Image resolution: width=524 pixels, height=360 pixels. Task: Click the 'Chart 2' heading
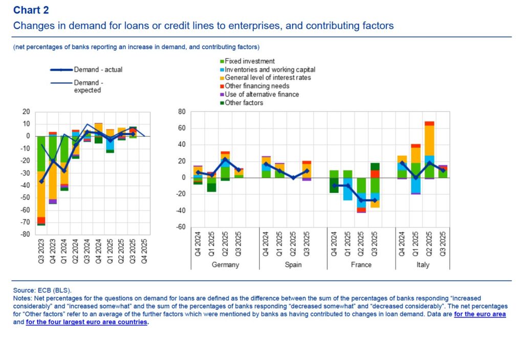point(32,10)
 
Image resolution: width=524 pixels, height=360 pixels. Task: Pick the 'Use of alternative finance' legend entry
point(262,94)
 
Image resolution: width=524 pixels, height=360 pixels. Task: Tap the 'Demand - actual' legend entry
point(98,70)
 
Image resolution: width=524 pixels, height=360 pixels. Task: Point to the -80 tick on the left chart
point(26,235)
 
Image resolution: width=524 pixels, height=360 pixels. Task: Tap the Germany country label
point(225,265)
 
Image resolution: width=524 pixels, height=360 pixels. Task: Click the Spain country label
point(293,265)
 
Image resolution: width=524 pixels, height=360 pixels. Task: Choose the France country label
point(361,265)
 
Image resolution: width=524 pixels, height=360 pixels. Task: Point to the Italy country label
point(422,265)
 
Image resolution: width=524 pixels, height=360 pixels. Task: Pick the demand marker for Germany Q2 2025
point(225,159)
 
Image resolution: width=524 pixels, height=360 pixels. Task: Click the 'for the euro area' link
point(480,314)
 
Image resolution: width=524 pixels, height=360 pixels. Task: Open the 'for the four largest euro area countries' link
point(86,323)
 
